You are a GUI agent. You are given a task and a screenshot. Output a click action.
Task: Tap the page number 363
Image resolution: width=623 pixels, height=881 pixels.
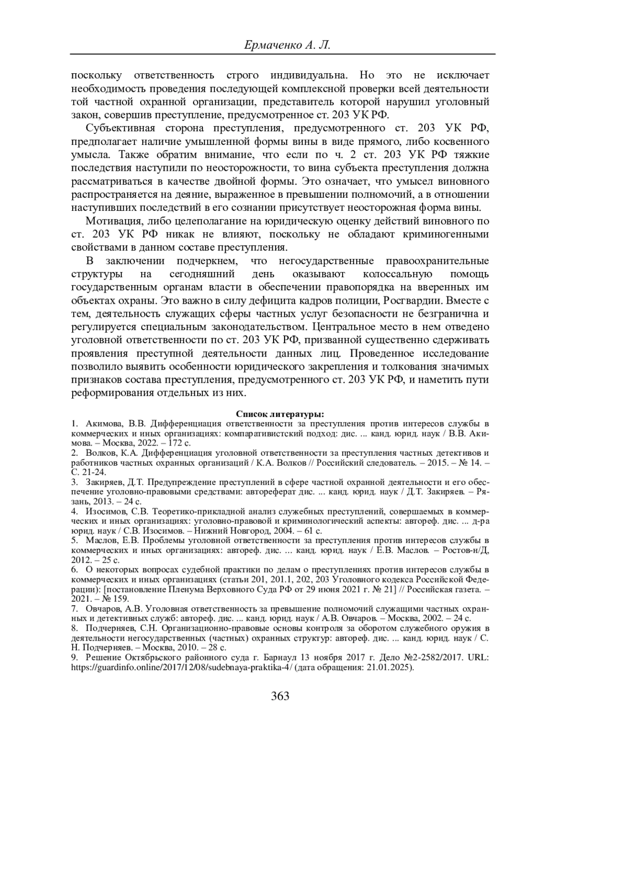280,696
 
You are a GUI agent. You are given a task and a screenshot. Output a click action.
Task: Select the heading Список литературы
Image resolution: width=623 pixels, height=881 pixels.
280,414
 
